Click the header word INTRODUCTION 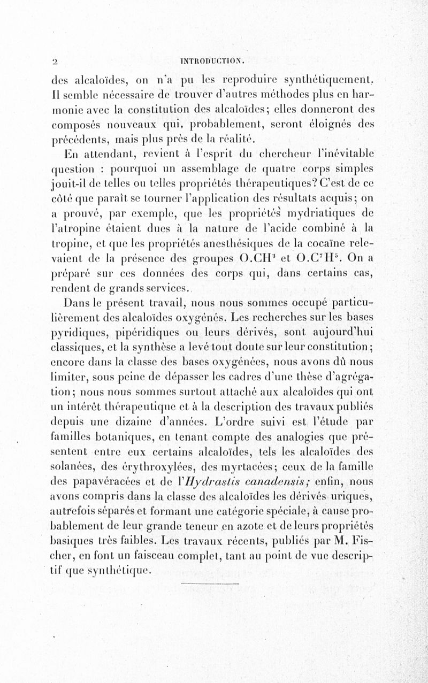click(213, 58)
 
